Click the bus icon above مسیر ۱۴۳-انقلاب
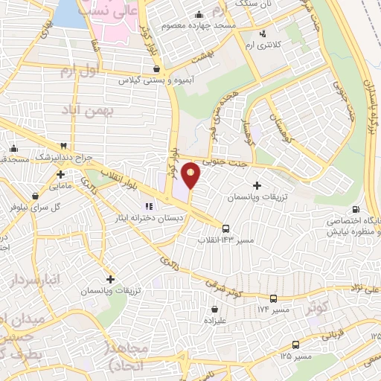[225, 228]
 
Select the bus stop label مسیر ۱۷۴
[272, 307]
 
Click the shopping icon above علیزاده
[214, 309]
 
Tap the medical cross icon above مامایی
[60, 176]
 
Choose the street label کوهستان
[281, 125]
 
